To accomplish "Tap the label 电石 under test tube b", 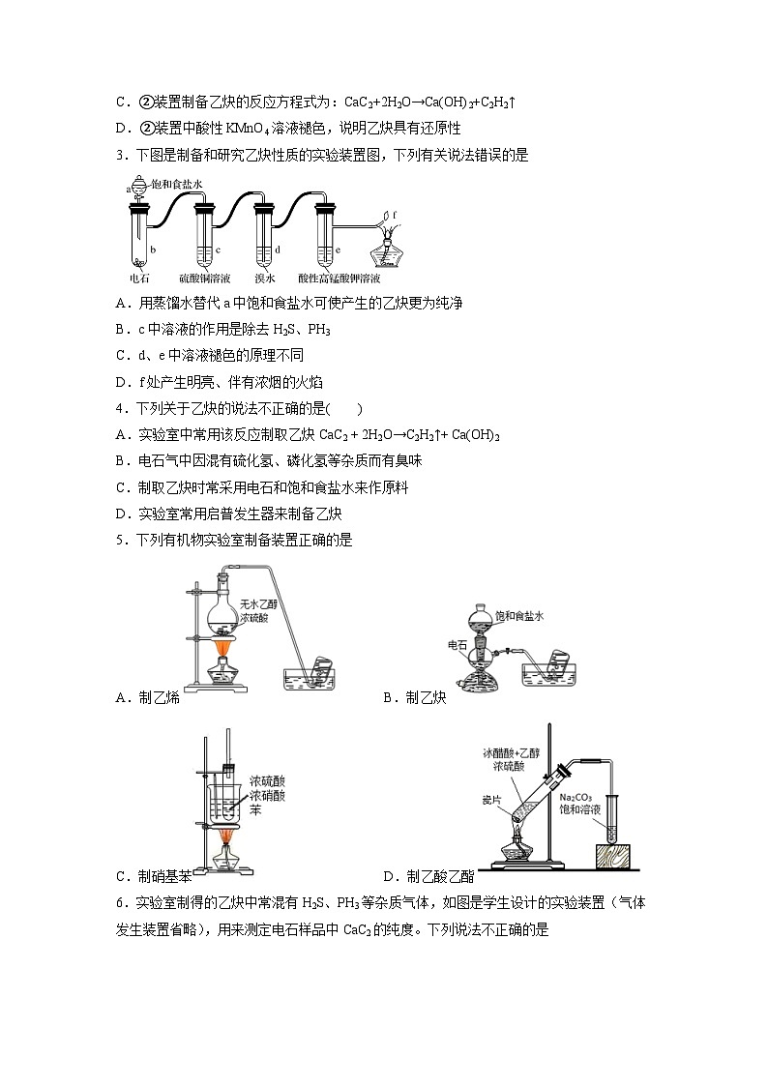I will (140, 278).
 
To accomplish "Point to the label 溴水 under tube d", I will (262, 278).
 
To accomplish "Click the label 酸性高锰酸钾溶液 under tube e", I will (333, 278).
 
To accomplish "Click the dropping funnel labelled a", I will (141, 190).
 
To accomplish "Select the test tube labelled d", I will (263, 236).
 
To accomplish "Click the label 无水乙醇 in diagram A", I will (258, 602).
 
